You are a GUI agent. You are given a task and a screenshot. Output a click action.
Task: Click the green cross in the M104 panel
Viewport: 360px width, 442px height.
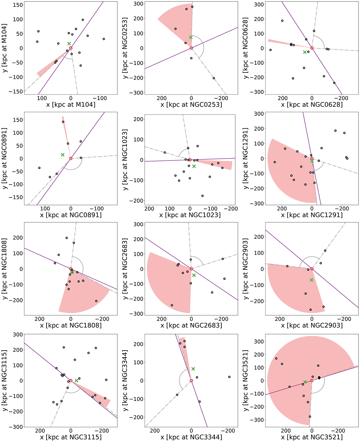click(x=69, y=44)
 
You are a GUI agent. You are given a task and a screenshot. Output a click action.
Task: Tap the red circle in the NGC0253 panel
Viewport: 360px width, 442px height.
click(x=191, y=48)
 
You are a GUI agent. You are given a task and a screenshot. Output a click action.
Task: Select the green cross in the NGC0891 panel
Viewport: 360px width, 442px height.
click(x=63, y=155)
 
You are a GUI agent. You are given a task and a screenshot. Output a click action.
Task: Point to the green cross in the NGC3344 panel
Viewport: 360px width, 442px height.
click(x=193, y=369)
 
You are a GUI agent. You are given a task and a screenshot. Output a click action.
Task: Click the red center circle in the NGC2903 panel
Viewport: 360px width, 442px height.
click(x=312, y=269)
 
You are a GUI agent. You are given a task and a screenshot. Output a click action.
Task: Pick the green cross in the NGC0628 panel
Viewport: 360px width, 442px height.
click(x=305, y=52)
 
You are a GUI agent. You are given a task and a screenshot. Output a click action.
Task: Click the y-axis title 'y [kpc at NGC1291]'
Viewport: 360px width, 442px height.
click(x=246, y=159)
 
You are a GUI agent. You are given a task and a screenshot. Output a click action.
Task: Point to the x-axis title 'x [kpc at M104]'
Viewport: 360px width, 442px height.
click(x=71, y=105)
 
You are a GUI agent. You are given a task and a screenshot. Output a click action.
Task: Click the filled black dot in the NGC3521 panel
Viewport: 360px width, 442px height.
click(x=319, y=378)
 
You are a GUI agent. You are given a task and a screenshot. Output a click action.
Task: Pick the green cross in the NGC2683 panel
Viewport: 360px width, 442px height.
click(x=194, y=275)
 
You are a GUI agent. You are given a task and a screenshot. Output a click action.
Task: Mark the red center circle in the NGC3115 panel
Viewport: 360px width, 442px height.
click(x=71, y=381)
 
